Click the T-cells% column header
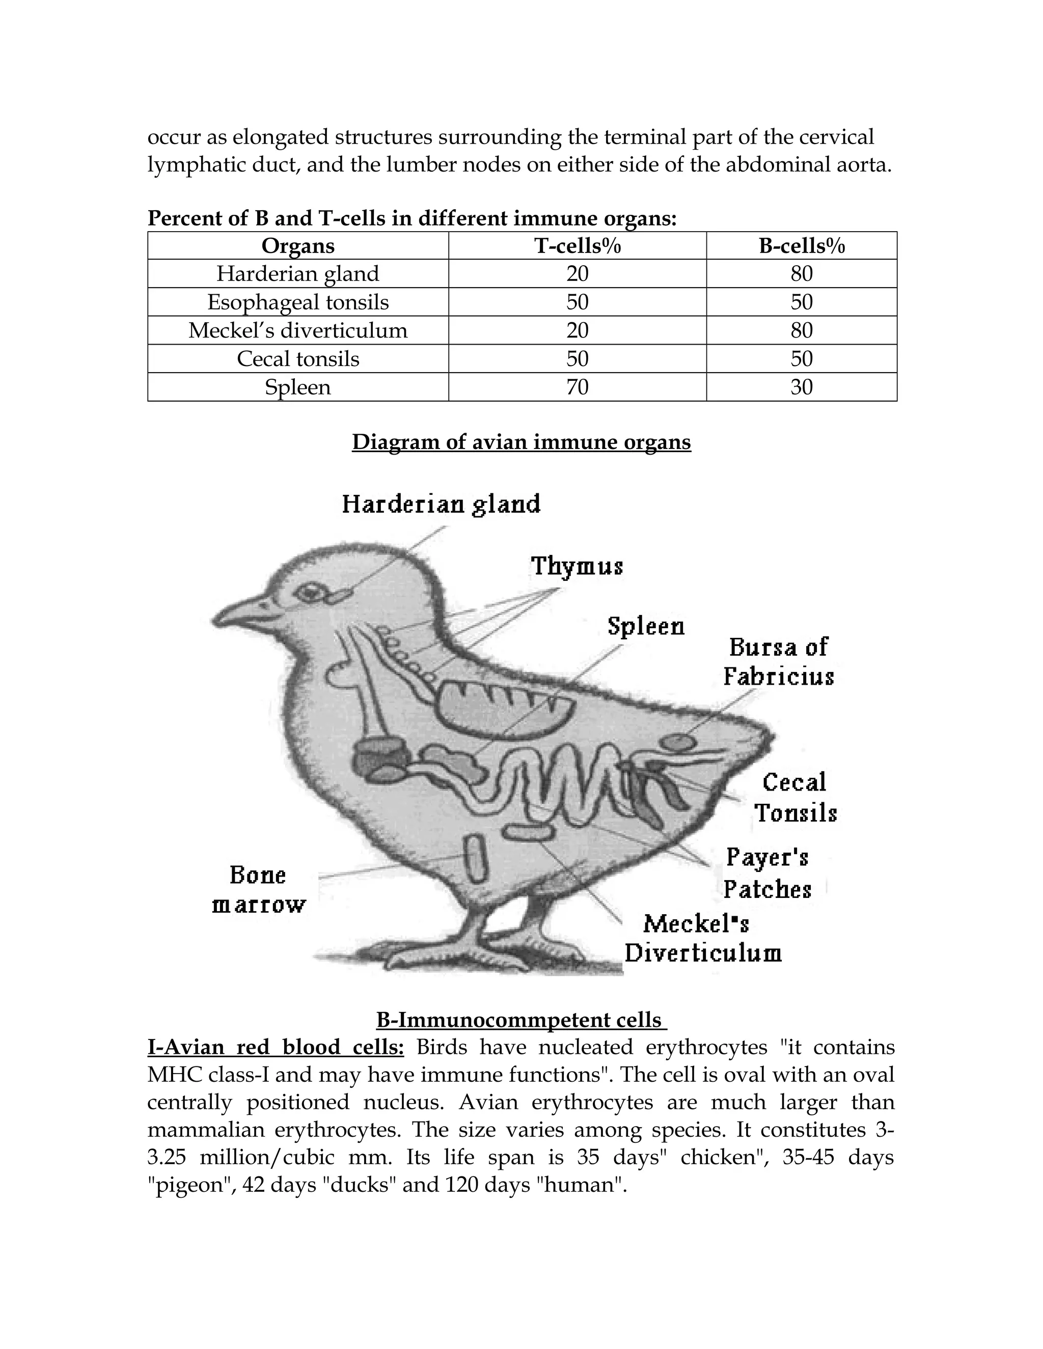click(x=577, y=246)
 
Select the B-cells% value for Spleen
click(x=802, y=387)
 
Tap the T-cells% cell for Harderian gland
click(x=577, y=274)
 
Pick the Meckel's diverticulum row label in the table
click(x=298, y=330)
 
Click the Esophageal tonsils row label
click(x=298, y=302)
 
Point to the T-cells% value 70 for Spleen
click(x=577, y=387)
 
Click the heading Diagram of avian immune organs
click(x=521, y=442)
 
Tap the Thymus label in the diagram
click(x=577, y=566)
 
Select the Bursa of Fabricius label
click(x=779, y=662)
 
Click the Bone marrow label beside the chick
click(x=258, y=890)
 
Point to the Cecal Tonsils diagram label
click(x=795, y=797)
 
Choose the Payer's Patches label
click(x=767, y=873)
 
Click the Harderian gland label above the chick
click(x=441, y=504)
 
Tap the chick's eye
click(x=307, y=593)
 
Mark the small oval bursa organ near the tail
click(x=678, y=741)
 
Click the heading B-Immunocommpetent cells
click(x=521, y=1020)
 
